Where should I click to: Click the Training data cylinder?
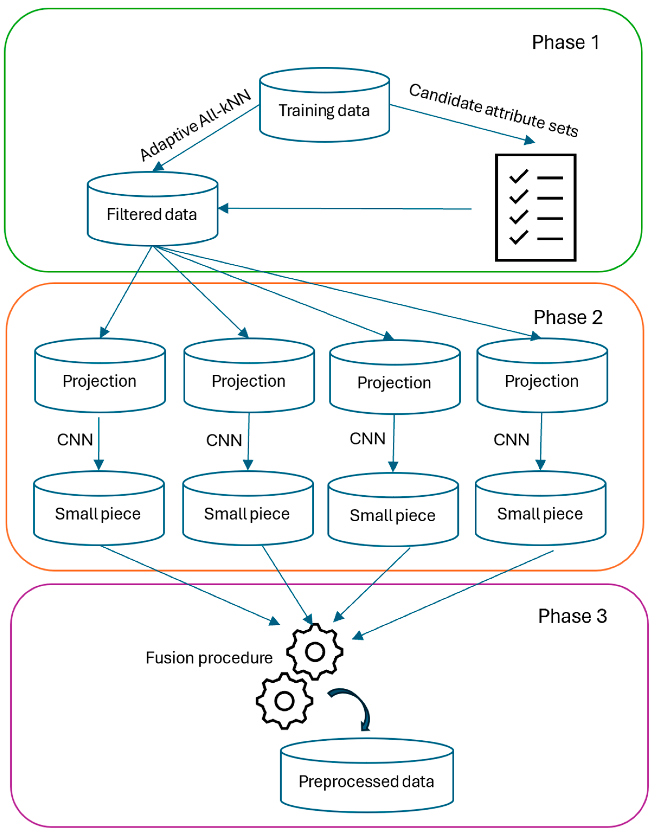tap(324, 111)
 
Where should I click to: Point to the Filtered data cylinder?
tap(152, 214)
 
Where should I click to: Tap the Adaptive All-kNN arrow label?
tap(195, 125)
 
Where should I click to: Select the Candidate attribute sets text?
tap(493, 110)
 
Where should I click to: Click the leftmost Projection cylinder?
tap(100, 381)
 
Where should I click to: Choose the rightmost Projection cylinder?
tap(542, 381)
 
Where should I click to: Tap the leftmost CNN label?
tap(75, 439)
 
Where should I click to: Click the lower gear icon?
tap(284, 701)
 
